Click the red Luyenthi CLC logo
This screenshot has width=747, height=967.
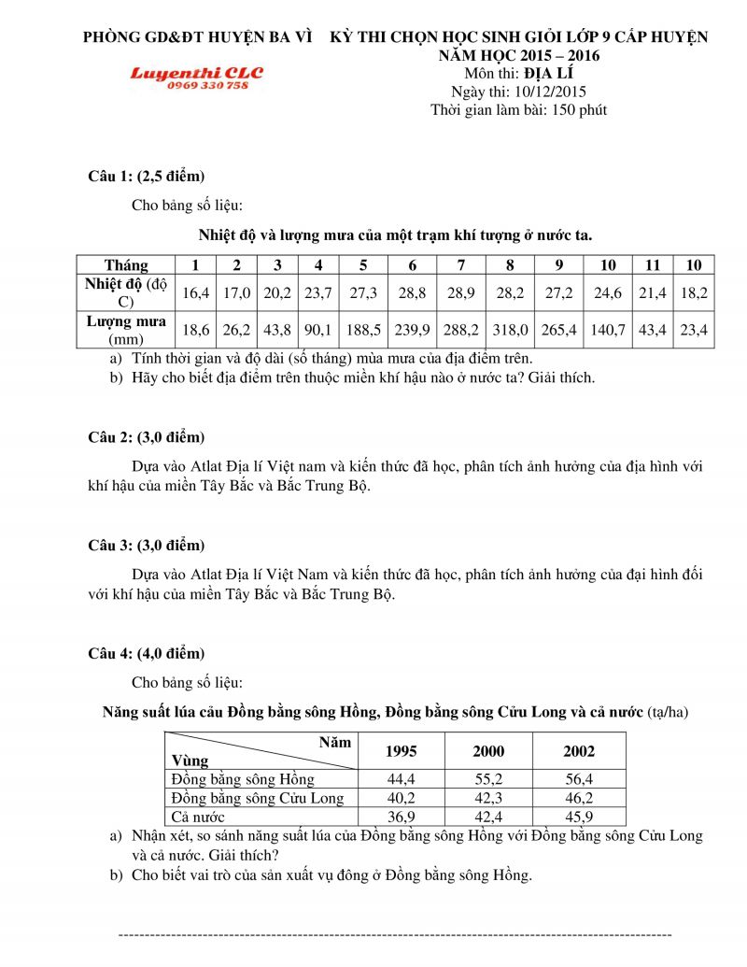pyautogui.click(x=196, y=72)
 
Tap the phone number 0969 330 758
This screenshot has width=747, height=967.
pyautogui.click(x=207, y=85)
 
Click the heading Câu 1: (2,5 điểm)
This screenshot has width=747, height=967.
pyautogui.click(x=146, y=177)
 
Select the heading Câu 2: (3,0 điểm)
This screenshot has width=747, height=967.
pyautogui.click(x=146, y=437)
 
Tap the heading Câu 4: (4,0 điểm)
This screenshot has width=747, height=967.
pyautogui.click(x=146, y=653)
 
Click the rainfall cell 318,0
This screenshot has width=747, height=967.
pyautogui.click(x=510, y=329)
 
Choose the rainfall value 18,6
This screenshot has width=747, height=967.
pyautogui.click(x=196, y=329)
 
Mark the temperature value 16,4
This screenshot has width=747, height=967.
pyautogui.click(x=196, y=292)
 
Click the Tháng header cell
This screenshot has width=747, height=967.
pyautogui.click(x=126, y=264)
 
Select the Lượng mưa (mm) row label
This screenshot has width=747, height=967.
pyautogui.click(x=126, y=330)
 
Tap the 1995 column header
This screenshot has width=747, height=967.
pyautogui.click(x=401, y=751)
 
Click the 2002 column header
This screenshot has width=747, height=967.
pyautogui.click(x=579, y=751)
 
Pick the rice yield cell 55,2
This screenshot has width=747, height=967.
pyautogui.click(x=488, y=779)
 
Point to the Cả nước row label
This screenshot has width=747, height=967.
pyautogui.click(x=198, y=817)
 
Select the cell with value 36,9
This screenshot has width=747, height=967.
pyautogui.click(x=401, y=817)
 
